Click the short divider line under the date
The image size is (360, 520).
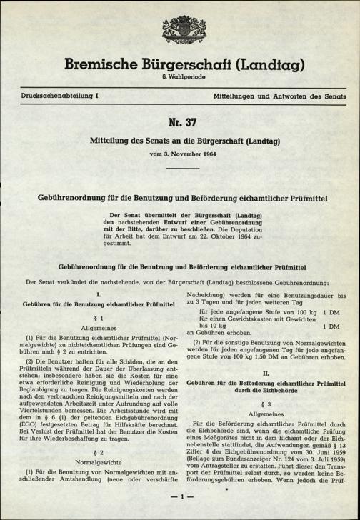point(180,169)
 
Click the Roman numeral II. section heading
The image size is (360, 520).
point(266,372)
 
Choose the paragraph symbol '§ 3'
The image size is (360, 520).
point(266,403)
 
